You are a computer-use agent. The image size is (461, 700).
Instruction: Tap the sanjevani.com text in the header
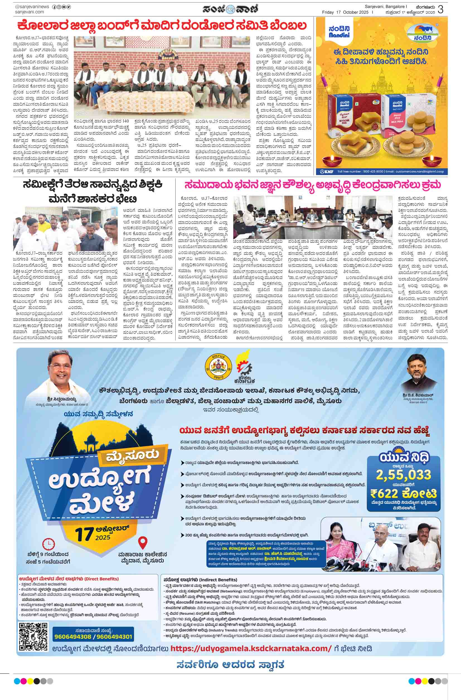(x=30, y=12)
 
